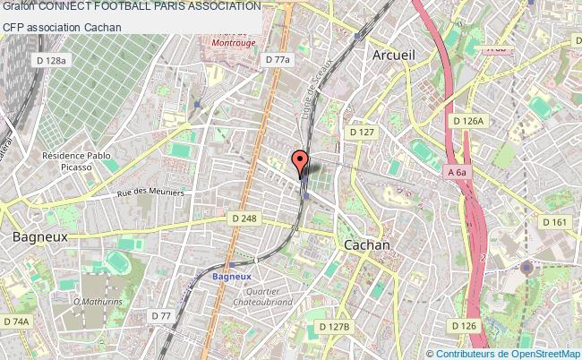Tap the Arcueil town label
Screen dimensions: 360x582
point(392,56)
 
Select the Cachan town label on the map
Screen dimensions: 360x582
point(367,244)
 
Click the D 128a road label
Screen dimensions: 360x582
point(49,60)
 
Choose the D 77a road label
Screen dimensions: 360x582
point(279,60)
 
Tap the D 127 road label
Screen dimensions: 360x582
point(362,132)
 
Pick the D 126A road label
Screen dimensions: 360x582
point(468,120)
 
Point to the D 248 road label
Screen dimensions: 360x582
point(244,219)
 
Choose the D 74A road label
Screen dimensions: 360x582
point(16,321)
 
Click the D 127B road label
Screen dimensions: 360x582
point(334,328)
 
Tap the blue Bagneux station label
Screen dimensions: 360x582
point(231,276)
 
